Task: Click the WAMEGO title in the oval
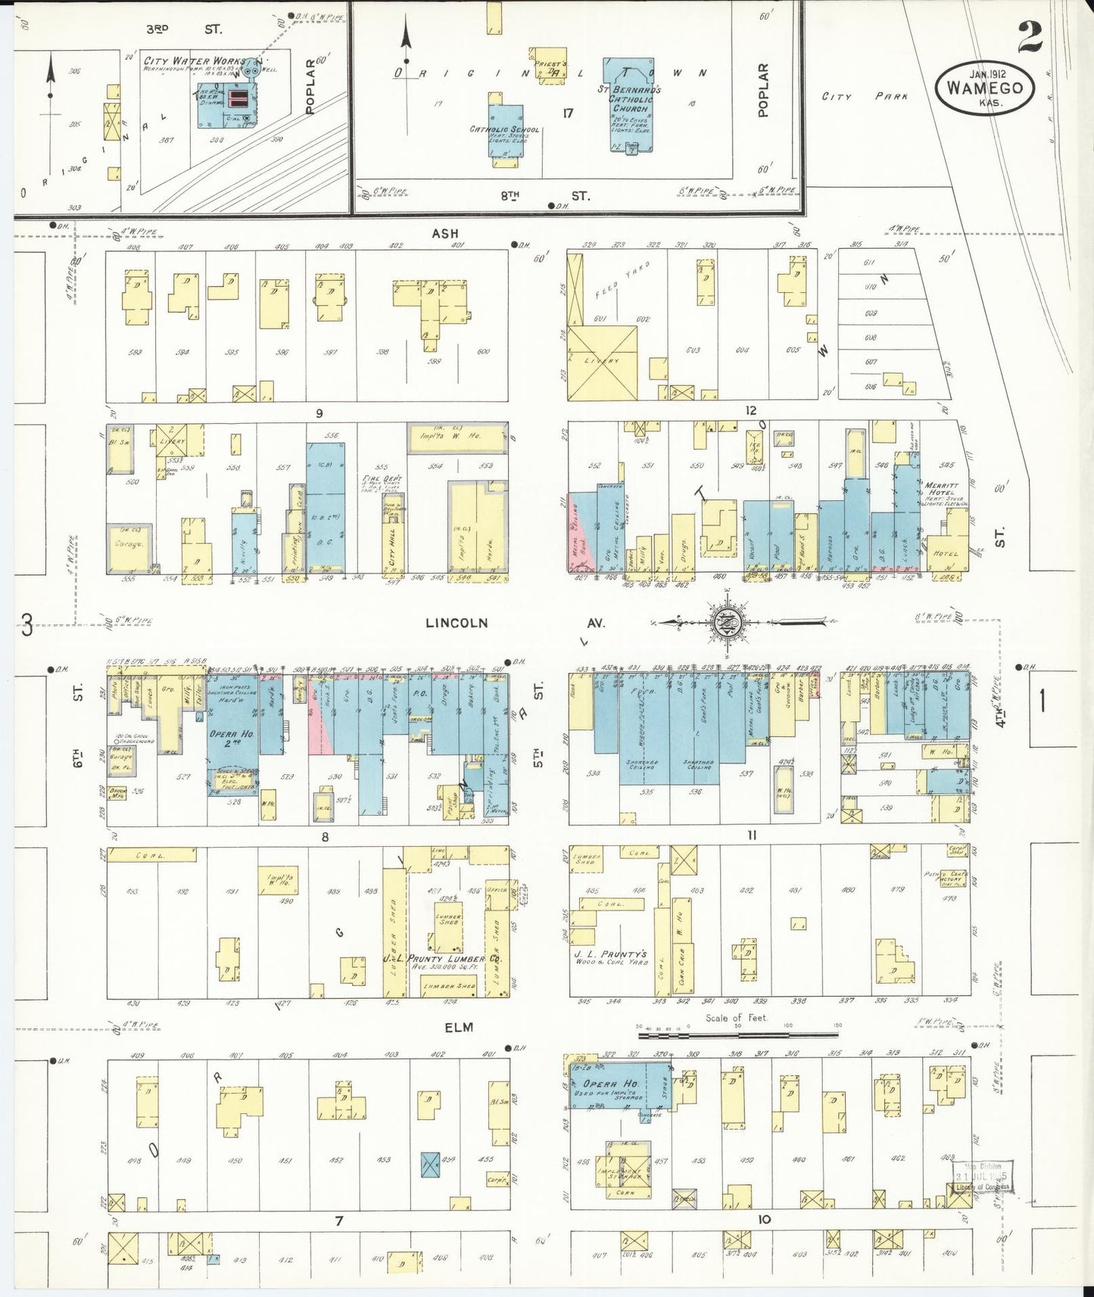[x=983, y=88]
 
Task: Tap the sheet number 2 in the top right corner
[x=1030, y=36]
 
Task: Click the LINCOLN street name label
[x=456, y=624]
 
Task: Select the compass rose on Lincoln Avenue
[x=725, y=623]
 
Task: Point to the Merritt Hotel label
[x=941, y=490]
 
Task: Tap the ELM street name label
[x=459, y=1027]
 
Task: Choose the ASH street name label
[x=445, y=234]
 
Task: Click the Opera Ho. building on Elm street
[x=619, y=1087]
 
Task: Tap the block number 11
[x=753, y=835]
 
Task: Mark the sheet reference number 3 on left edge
[x=27, y=625]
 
